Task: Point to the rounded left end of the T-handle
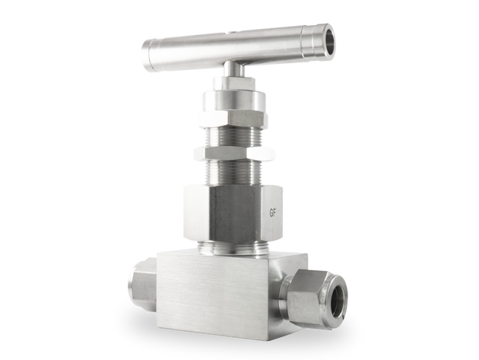pyautogui.click(x=144, y=56)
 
